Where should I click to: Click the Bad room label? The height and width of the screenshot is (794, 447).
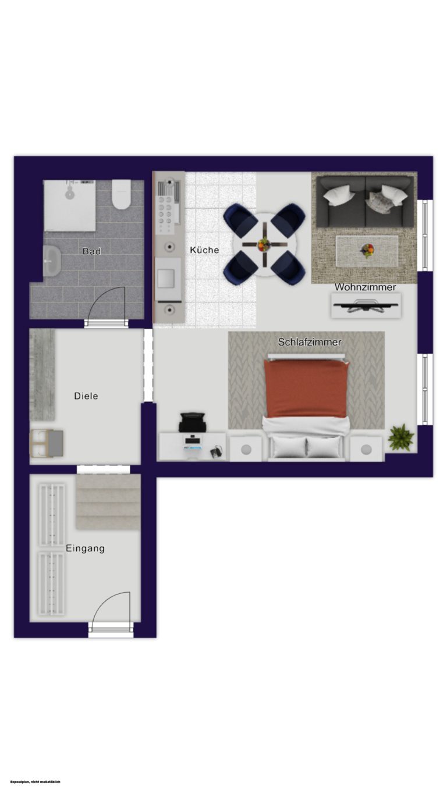click(91, 251)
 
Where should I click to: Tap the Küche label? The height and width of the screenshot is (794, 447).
click(204, 250)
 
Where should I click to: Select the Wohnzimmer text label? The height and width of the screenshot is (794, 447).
click(365, 287)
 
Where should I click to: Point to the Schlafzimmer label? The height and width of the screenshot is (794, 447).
click(310, 342)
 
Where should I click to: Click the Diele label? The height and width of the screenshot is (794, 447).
click(86, 396)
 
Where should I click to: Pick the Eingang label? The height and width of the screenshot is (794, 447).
click(85, 549)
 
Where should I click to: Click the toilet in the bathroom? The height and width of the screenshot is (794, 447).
click(121, 194)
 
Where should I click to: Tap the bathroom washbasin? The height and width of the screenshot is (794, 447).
click(52, 261)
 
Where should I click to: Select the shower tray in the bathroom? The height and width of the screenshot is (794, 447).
click(69, 205)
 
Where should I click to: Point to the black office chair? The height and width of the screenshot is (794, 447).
click(192, 422)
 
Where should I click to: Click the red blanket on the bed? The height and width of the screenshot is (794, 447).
click(305, 389)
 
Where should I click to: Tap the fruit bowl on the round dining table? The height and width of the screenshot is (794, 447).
click(264, 244)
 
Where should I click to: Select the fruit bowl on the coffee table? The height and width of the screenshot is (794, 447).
click(367, 250)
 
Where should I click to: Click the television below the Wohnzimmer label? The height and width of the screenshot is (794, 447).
click(366, 306)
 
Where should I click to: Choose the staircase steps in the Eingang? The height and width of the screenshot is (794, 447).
click(108, 502)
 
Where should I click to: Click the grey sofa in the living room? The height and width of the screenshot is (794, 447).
click(365, 202)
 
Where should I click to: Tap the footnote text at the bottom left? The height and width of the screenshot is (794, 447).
click(36, 782)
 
